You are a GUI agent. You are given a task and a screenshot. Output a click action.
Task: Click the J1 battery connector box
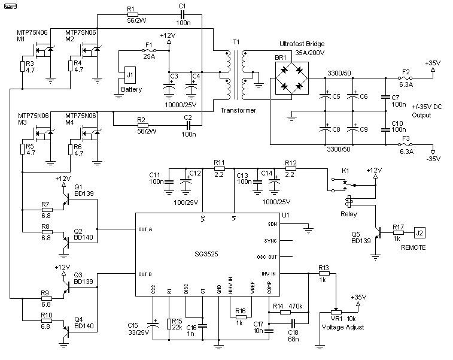(130, 75)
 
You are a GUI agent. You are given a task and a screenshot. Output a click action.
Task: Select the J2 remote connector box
(419, 232)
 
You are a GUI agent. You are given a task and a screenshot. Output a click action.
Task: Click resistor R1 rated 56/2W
(133, 15)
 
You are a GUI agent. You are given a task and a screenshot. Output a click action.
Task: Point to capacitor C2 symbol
(189, 125)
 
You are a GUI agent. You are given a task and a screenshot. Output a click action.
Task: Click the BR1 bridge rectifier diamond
(291, 78)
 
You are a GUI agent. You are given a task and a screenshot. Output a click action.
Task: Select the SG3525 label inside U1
(206, 254)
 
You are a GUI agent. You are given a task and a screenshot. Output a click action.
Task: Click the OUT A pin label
(145, 229)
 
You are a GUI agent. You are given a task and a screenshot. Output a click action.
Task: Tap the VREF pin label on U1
(253, 288)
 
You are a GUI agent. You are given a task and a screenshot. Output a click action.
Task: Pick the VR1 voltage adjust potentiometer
(336, 312)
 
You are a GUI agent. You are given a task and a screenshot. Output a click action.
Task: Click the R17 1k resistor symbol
(398, 232)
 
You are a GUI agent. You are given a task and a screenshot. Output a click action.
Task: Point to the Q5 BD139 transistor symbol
(378, 232)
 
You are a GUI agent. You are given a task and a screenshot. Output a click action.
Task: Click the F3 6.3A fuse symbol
(405, 144)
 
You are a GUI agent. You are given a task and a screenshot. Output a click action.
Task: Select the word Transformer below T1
(238, 110)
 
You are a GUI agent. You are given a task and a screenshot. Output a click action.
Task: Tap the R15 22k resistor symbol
(169, 324)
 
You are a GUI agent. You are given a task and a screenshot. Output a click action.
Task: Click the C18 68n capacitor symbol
(293, 323)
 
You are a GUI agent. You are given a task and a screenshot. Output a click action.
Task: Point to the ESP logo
(10, 6)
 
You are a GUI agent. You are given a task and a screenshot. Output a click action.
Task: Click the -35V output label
(433, 159)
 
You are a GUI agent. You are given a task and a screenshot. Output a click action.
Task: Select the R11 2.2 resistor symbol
(219, 168)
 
